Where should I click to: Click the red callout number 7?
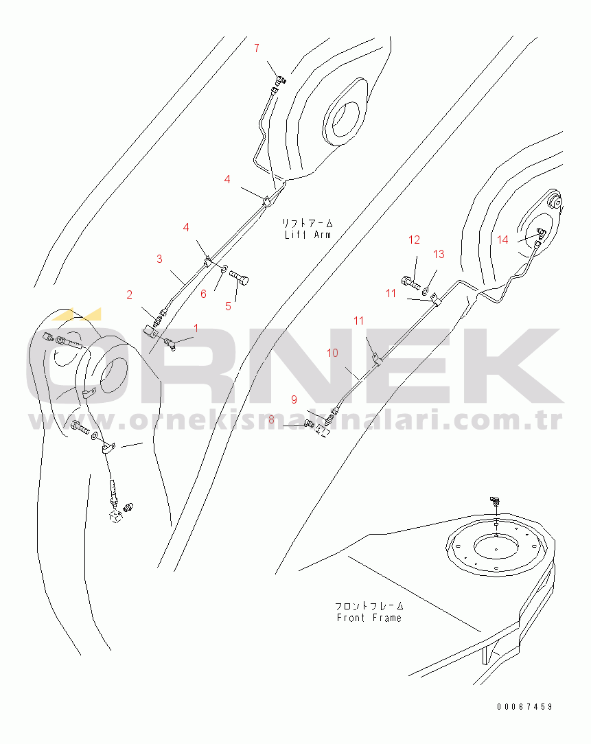click(x=256, y=48)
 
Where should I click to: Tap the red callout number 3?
click(x=159, y=259)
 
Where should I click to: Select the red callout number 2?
click(x=129, y=294)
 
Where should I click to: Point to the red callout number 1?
click(x=196, y=328)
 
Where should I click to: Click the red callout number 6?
click(x=203, y=294)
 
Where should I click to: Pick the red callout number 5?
click(x=228, y=307)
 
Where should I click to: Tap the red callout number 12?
click(x=414, y=240)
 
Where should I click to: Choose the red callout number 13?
click(x=439, y=255)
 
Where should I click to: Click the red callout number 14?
click(x=502, y=240)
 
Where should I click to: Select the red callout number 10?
click(x=332, y=353)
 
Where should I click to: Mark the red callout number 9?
click(x=294, y=399)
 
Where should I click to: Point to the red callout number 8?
click(x=271, y=420)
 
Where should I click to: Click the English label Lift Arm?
click(x=308, y=235)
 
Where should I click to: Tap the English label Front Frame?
click(x=369, y=618)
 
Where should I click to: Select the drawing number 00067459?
click(x=524, y=707)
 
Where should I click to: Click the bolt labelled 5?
click(x=240, y=277)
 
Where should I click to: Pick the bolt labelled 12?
click(x=410, y=283)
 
